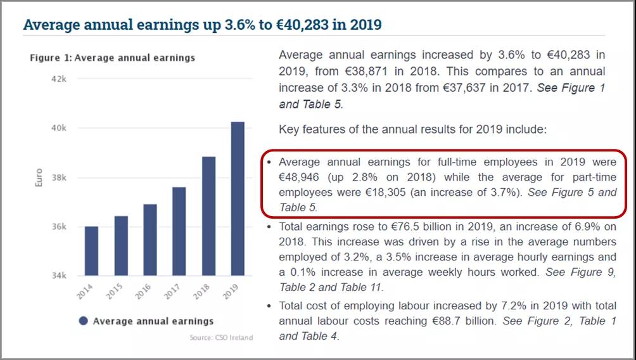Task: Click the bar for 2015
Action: tap(120, 246)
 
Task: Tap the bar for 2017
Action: tap(179, 231)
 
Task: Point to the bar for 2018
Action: tap(208, 216)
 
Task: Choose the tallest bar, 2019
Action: tap(238, 198)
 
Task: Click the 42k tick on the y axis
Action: tap(59, 79)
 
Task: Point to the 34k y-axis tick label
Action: tap(59, 276)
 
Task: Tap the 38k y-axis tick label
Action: tap(59, 177)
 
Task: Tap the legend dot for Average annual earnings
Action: tap(83, 321)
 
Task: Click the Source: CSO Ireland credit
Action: tap(221, 337)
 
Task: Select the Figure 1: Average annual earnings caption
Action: tap(112, 58)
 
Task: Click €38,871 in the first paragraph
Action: tap(371, 71)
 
